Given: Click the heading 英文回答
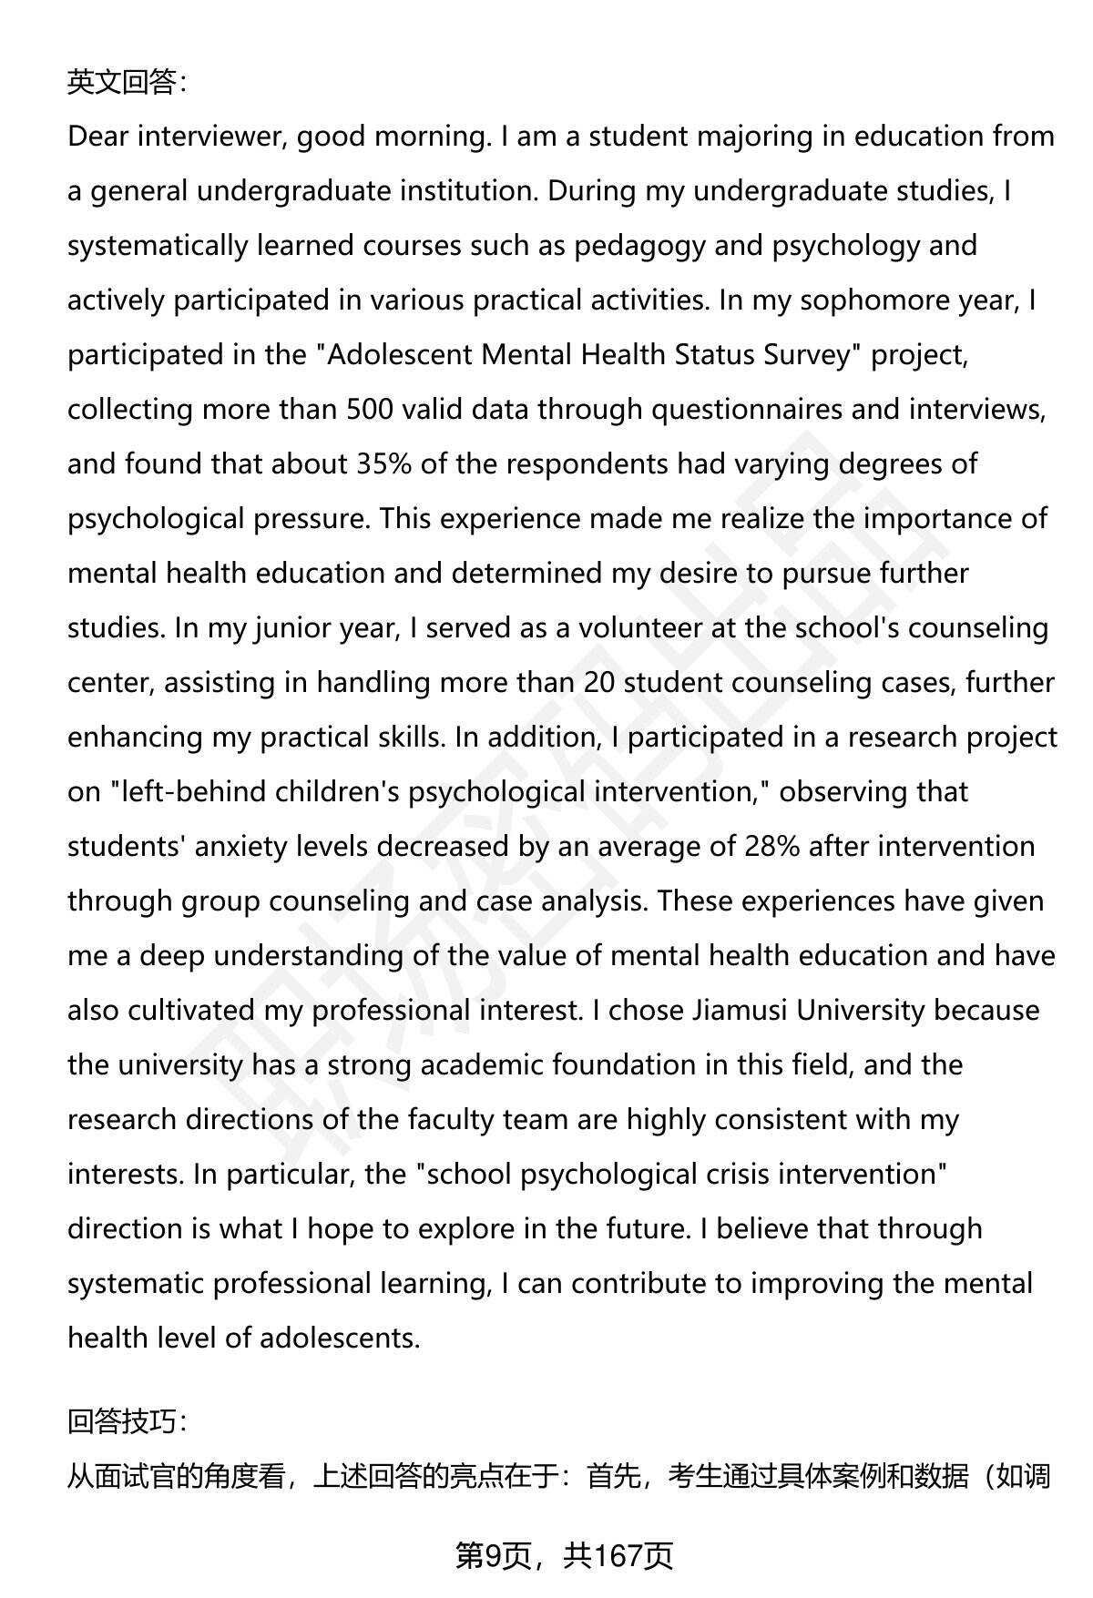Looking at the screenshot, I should pos(126,83).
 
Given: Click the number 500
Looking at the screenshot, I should pos(370,410).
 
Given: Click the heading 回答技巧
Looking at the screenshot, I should pos(126,1421).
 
